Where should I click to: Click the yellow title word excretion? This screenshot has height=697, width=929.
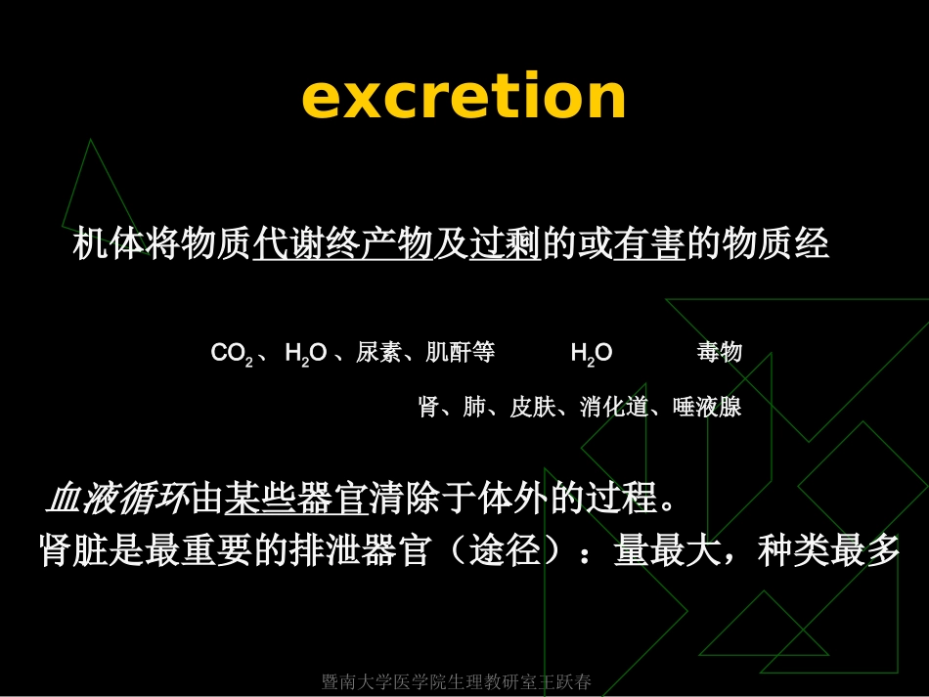point(464,98)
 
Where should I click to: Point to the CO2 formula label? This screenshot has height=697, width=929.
point(232,354)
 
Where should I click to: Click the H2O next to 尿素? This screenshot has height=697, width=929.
point(305,354)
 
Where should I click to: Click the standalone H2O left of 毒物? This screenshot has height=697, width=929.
point(592,354)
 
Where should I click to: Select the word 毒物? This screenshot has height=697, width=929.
point(720,354)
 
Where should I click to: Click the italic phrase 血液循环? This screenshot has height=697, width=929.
point(116,500)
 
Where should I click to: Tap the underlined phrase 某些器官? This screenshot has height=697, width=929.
point(294,500)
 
